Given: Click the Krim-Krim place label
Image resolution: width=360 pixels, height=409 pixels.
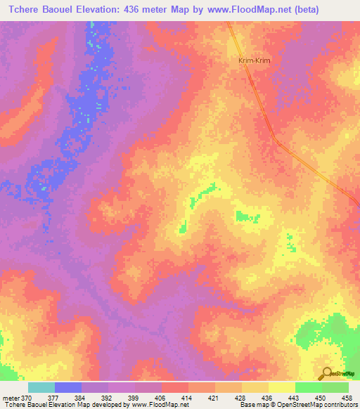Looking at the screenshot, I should click(255, 61).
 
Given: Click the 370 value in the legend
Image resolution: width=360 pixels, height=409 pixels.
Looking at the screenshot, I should click(27, 398).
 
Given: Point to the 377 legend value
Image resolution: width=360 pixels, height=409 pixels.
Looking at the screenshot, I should click(53, 398).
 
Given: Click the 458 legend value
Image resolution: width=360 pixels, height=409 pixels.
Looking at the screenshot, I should click(347, 398).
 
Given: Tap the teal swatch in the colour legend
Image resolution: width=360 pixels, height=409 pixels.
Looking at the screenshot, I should click(41, 387).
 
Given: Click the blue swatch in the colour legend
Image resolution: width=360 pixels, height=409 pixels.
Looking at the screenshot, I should click(67, 387).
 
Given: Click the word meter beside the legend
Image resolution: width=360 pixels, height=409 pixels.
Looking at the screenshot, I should click(11, 398).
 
